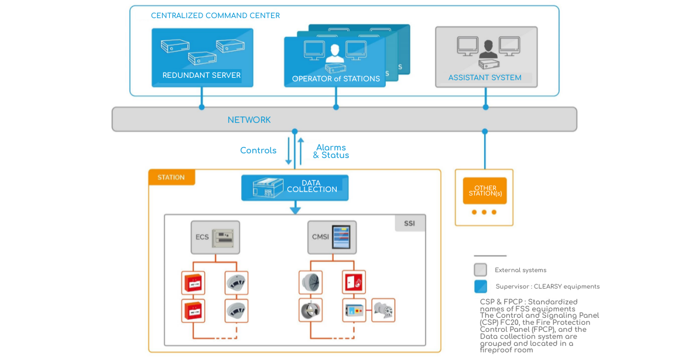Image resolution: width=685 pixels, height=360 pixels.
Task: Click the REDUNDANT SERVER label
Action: [x=201, y=76]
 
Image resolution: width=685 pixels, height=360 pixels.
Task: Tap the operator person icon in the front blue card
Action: [x=334, y=53]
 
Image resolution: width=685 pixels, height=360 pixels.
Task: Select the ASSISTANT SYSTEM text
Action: [x=485, y=77]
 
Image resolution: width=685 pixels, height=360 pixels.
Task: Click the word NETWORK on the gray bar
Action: [x=249, y=120]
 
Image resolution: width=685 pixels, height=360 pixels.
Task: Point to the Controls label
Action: [x=258, y=150]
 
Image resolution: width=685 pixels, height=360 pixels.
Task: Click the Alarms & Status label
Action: [x=331, y=152]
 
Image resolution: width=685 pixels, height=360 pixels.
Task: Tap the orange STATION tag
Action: [x=171, y=177]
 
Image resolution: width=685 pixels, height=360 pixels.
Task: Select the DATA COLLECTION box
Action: [x=295, y=187]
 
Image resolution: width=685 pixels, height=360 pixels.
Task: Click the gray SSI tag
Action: [x=409, y=223]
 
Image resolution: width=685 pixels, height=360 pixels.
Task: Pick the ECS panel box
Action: [x=215, y=237]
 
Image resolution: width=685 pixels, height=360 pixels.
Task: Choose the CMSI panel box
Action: [x=332, y=237]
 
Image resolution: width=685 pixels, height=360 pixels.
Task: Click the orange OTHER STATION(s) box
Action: [x=485, y=191]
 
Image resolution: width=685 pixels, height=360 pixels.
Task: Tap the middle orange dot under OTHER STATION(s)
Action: [x=484, y=212]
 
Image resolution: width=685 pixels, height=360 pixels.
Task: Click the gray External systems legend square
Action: [x=480, y=270]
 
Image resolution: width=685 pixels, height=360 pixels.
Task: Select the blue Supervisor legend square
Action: [x=480, y=286]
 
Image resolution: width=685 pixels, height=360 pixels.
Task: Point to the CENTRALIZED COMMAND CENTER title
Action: [x=215, y=16]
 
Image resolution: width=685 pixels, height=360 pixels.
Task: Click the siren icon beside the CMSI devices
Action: [x=383, y=310]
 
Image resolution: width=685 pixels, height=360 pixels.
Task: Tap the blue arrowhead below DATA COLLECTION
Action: [x=295, y=209]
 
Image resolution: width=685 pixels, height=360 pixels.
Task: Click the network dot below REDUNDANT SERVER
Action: [x=201, y=107]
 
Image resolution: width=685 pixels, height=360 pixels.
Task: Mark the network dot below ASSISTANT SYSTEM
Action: [x=485, y=107]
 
